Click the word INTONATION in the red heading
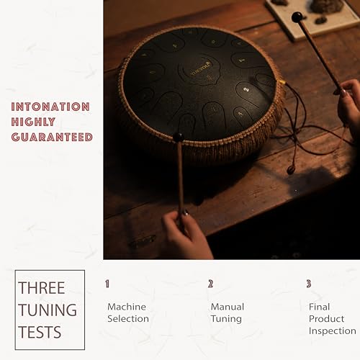[50, 107]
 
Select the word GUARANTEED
[52, 137]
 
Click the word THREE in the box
[42, 288]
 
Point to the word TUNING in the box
[48, 310]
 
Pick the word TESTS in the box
[41, 333]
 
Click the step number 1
[107, 284]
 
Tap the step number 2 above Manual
[211, 284]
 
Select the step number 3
[309, 284]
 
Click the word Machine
[127, 307]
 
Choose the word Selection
[128, 319]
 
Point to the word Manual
[228, 307]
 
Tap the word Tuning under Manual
[226, 319]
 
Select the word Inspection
[333, 331]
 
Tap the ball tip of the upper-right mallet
[297, 17]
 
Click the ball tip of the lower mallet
[177, 137]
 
